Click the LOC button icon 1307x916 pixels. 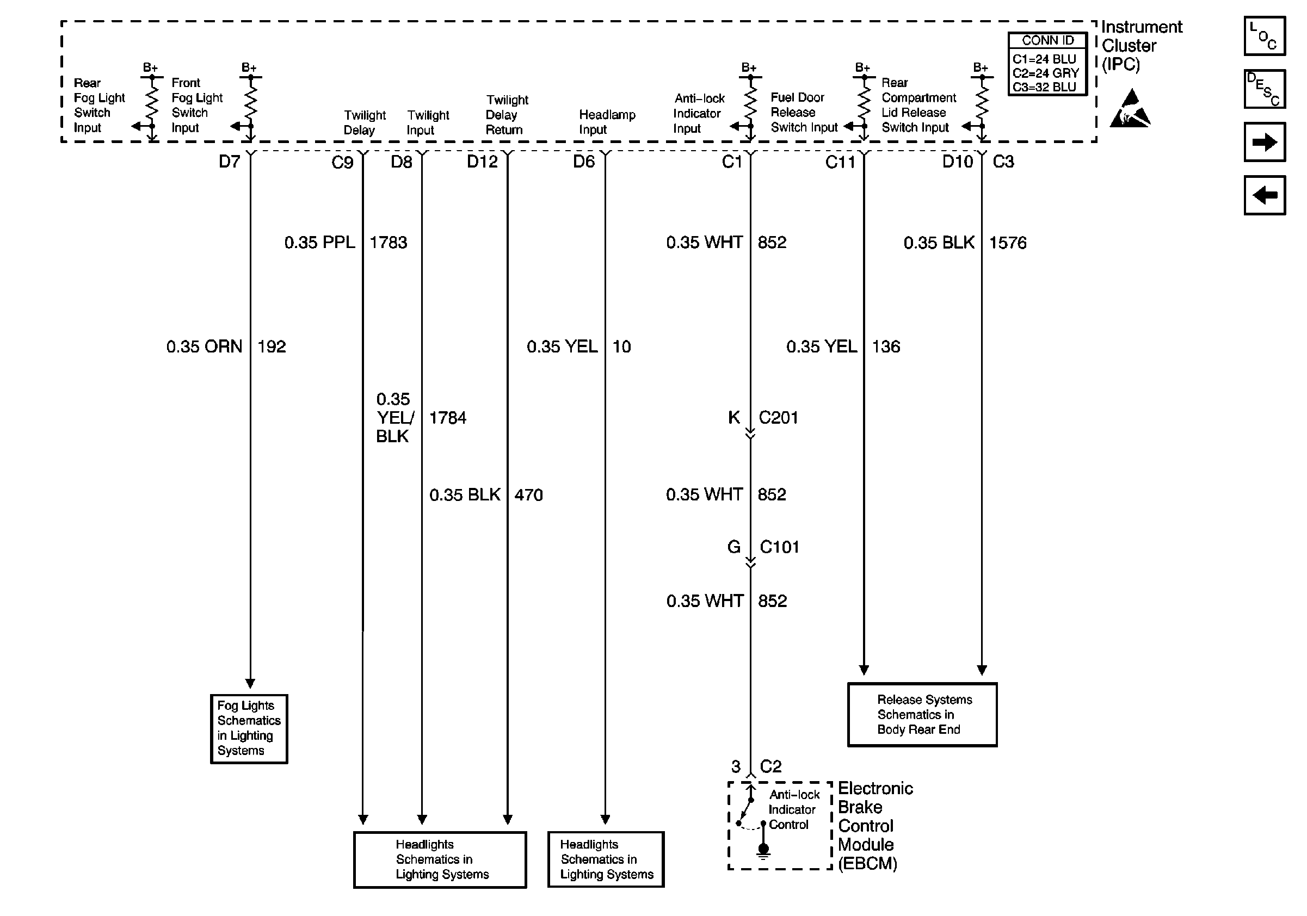pos(1265,36)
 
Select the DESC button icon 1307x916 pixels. pos(1265,89)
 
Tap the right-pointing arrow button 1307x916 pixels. pos(1265,142)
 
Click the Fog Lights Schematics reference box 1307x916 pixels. pos(249,728)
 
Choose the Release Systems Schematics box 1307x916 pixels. pos(922,715)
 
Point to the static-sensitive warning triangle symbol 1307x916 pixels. pos(1130,109)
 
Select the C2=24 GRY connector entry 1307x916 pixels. pos(1046,73)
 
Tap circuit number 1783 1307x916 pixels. pos(388,243)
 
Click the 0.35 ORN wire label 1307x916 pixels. pos(204,346)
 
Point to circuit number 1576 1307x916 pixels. pos(1008,243)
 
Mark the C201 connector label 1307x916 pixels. pos(778,418)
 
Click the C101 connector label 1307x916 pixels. pos(779,547)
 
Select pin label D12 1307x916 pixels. pos(482,162)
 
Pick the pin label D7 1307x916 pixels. pos(230,162)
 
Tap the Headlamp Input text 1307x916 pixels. pos(607,122)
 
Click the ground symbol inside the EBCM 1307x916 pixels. pos(763,851)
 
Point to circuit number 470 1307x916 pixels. pos(528,495)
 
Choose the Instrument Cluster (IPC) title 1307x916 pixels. pos(1141,46)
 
